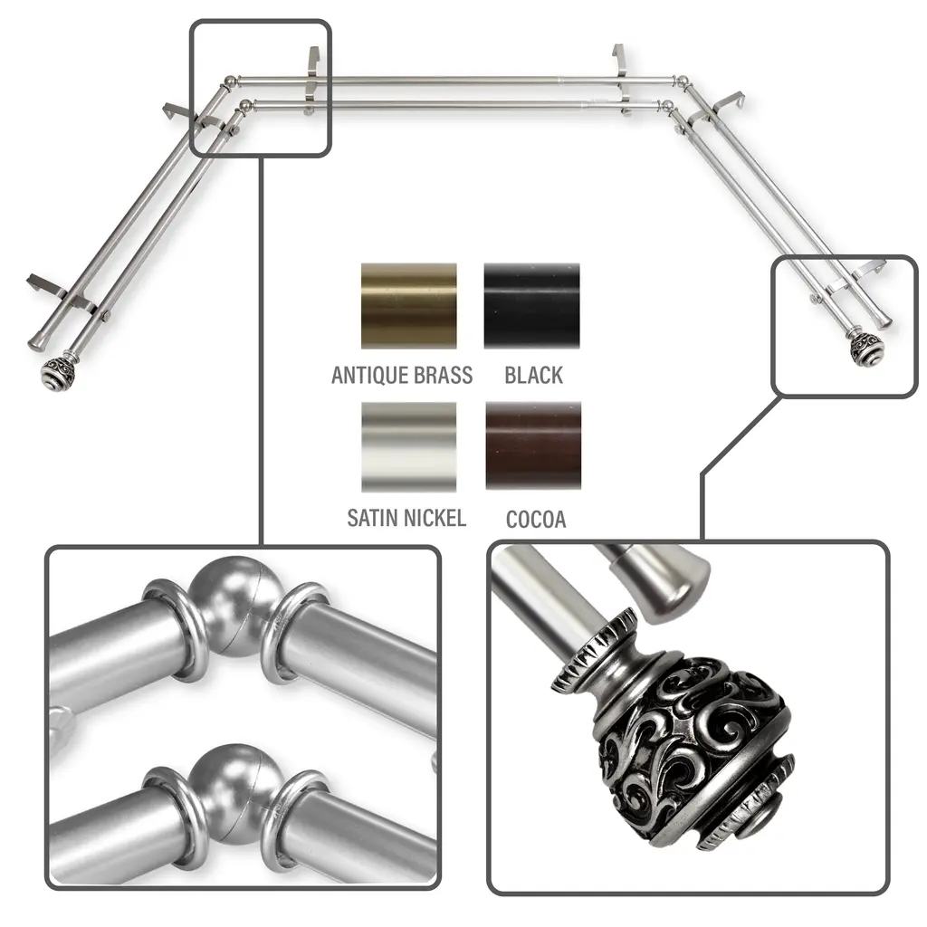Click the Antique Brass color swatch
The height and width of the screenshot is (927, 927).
point(409,306)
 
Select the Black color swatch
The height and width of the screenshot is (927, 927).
point(532,306)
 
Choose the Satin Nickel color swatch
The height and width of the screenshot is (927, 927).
point(409,447)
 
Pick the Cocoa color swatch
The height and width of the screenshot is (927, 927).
point(533,445)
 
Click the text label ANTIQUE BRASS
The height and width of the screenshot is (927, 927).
point(402,376)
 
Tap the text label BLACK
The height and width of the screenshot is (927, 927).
point(534,376)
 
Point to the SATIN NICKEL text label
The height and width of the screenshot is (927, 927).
point(406,518)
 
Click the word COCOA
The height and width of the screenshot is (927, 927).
point(536,519)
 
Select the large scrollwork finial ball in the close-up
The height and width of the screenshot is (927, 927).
point(693,748)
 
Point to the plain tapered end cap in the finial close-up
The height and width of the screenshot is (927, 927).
point(662,584)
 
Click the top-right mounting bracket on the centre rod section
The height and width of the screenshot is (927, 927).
point(620,63)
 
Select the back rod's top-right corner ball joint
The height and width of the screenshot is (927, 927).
point(682,81)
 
